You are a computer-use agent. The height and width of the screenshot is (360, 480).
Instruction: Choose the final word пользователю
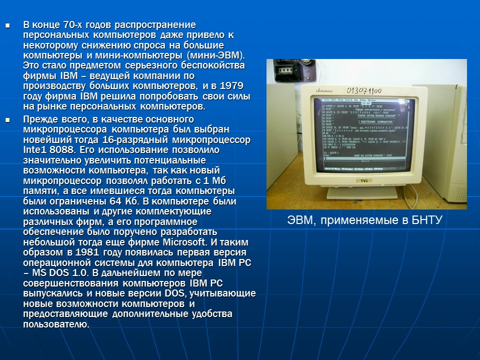pyautogui.click(x=56, y=324)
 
